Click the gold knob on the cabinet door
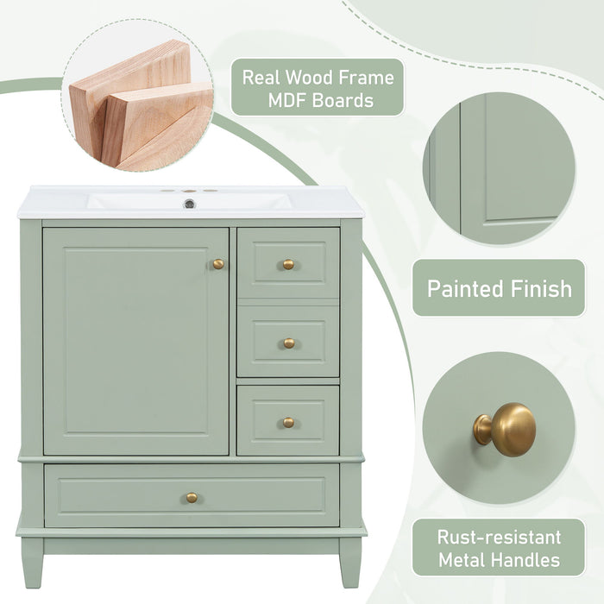pyautogui.click(x=218, y=264)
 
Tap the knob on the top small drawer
pyautogui.click(x=288, y=264)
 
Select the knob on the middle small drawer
pyautogui.click(x=288, y=343)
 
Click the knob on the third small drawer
pyautogui.click(x=288, y=422)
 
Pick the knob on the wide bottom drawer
pyautogui.click(x=192, y=497)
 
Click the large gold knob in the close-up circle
pyautogui.click(x=506, y=428)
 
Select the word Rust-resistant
pyautogui.click(x=499, y=536)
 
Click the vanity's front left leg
pyautogui.click(x=32, y=561)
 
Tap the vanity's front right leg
pyautogui.click(x=349, y=561)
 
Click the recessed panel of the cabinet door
pyautogui.click(x=135, y=341)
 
